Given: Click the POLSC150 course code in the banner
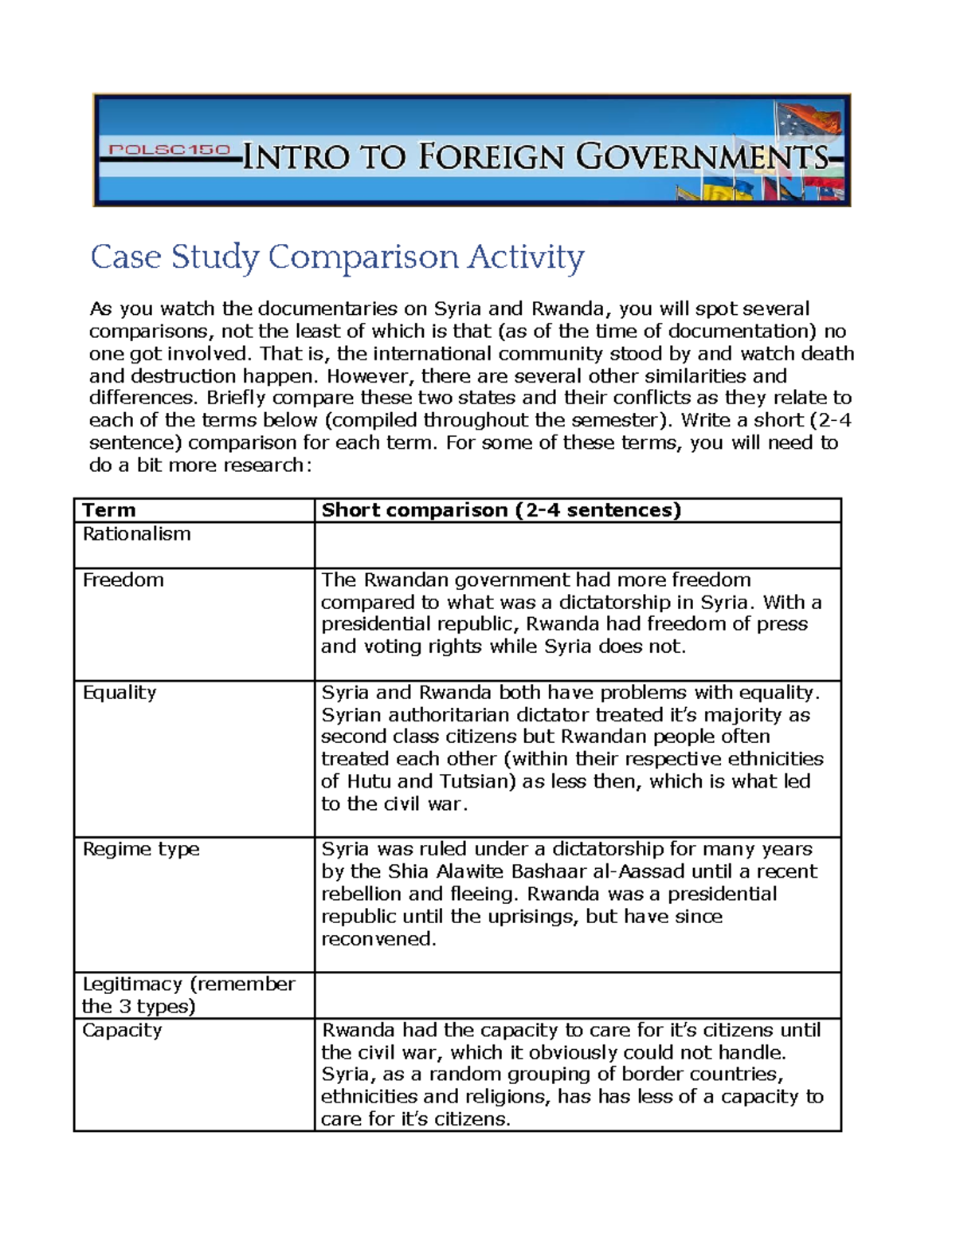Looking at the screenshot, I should (x=169, y=150).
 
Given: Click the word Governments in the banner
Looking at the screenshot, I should (x=702, y=156).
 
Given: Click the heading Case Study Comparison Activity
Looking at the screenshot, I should (x=337, y=257).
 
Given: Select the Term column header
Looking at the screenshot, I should (x=109, y=510).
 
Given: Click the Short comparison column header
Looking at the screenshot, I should (x=500, y=510).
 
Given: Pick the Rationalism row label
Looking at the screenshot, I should (x=136, y=534).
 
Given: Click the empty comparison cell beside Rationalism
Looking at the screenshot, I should (x=578, y=545).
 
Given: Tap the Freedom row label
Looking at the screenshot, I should (x=123, y=580).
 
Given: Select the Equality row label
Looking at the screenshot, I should (x=119, y=692).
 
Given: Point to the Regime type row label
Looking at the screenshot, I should (x=141, y=849).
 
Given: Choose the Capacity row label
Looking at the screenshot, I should (x=122, y=1030).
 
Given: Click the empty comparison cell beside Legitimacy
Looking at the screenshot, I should (x=578, y=995).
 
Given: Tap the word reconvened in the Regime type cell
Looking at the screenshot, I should (x=378, y=939).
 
